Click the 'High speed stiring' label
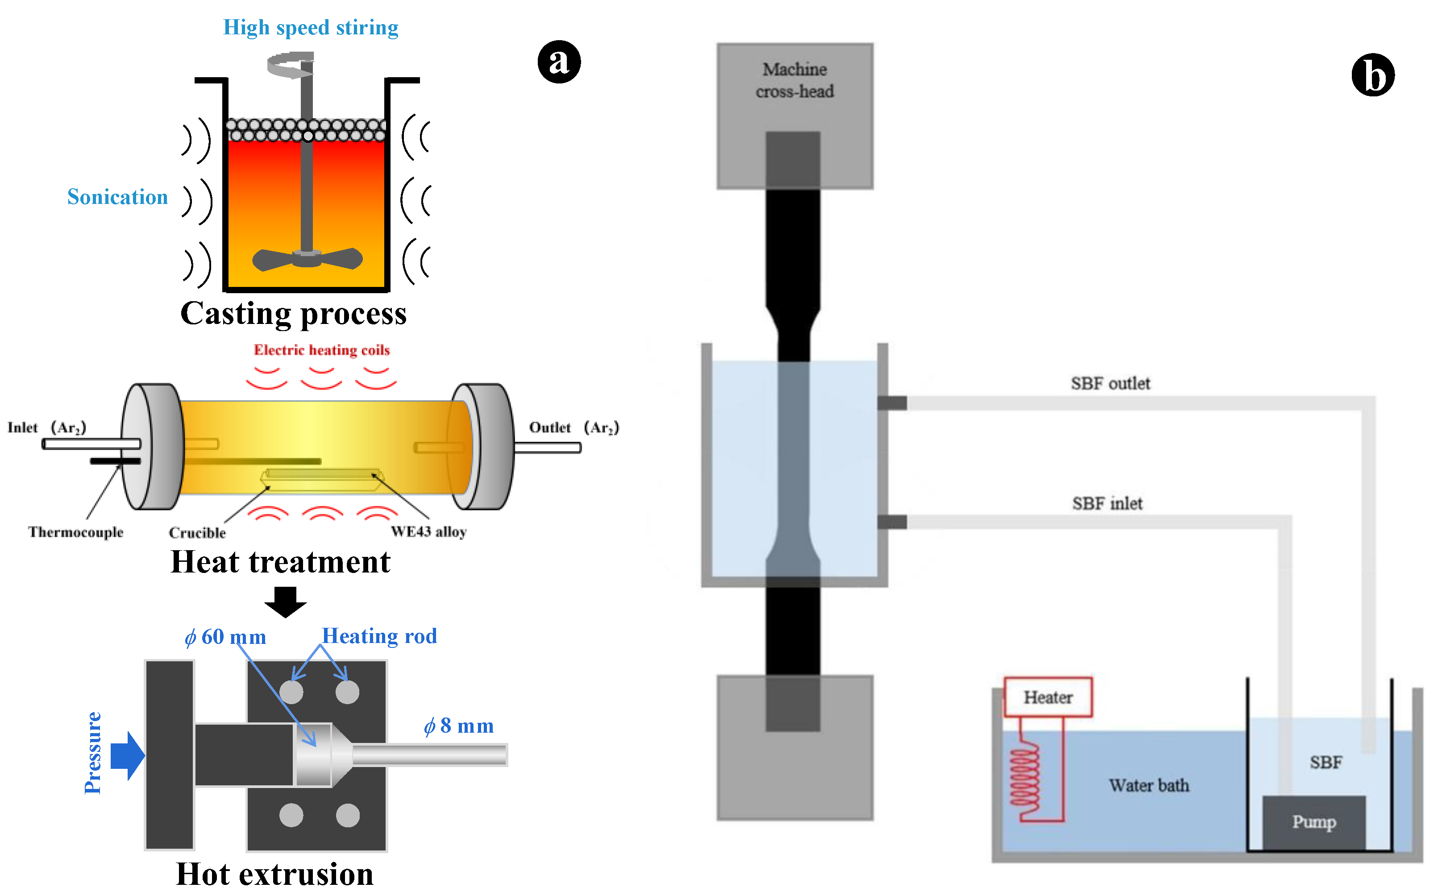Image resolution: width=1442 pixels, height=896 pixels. point(311,28)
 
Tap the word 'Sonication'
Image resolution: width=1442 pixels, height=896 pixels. point(117,197)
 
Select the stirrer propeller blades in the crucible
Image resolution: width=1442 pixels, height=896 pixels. point(307,259)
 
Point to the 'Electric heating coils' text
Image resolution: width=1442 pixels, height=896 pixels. point(322,350)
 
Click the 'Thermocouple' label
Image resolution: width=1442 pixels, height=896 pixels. point(76,532)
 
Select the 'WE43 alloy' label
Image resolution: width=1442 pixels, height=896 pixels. point(428,531)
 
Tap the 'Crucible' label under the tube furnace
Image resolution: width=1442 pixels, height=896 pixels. point(197,533)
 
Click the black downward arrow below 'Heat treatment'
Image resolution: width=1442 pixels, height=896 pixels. point(286,602)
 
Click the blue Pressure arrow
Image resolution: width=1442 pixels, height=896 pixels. point(128,755)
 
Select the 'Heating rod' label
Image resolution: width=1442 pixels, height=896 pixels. point(379,636)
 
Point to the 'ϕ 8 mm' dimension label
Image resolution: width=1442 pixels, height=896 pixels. point(459,726)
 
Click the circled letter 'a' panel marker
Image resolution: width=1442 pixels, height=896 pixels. point(559,62)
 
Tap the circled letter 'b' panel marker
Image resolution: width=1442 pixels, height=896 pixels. point(1373,75)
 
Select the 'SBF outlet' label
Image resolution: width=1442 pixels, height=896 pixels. point(1110,383)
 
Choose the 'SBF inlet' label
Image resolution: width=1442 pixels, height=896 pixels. point(1107,504)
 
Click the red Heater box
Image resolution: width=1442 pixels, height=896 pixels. point(1048,697)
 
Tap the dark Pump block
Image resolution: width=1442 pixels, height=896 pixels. point(1314,822)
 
